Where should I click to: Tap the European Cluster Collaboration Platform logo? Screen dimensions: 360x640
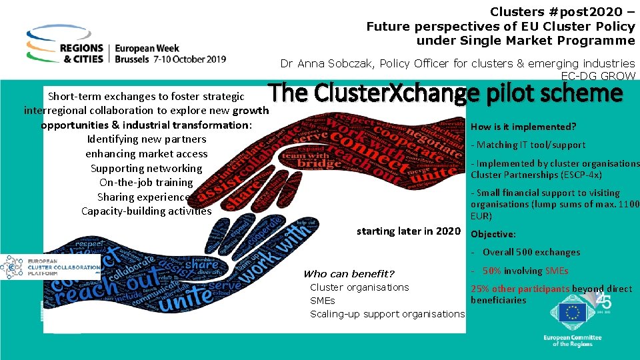coord(50,266)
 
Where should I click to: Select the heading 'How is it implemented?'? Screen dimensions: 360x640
coord(523,127)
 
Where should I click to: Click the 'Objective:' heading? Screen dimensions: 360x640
coord(493,234)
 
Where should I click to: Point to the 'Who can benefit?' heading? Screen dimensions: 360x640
coord(349,274)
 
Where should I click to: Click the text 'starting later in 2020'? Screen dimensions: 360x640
coord(408,231)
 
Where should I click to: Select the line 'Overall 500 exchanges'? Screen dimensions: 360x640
coord(531,252)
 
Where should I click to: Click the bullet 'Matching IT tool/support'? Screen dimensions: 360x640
coord(528,145)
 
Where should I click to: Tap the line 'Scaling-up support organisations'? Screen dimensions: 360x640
coord(387,314)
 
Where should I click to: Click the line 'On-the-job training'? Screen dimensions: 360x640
coord(146,182)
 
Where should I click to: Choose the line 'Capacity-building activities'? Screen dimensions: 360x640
coord(146,211)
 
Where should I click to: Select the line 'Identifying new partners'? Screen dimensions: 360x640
coord(147,139)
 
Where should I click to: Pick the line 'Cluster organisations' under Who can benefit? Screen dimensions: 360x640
coord(359,287)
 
